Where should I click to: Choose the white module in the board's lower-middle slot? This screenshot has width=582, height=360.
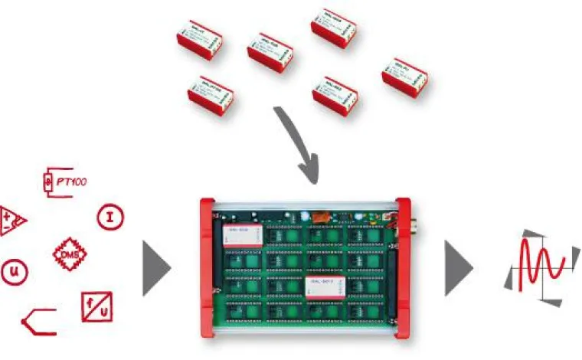325,287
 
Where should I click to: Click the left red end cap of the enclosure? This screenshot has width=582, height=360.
207,268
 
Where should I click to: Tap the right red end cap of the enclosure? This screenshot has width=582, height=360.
406,268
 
